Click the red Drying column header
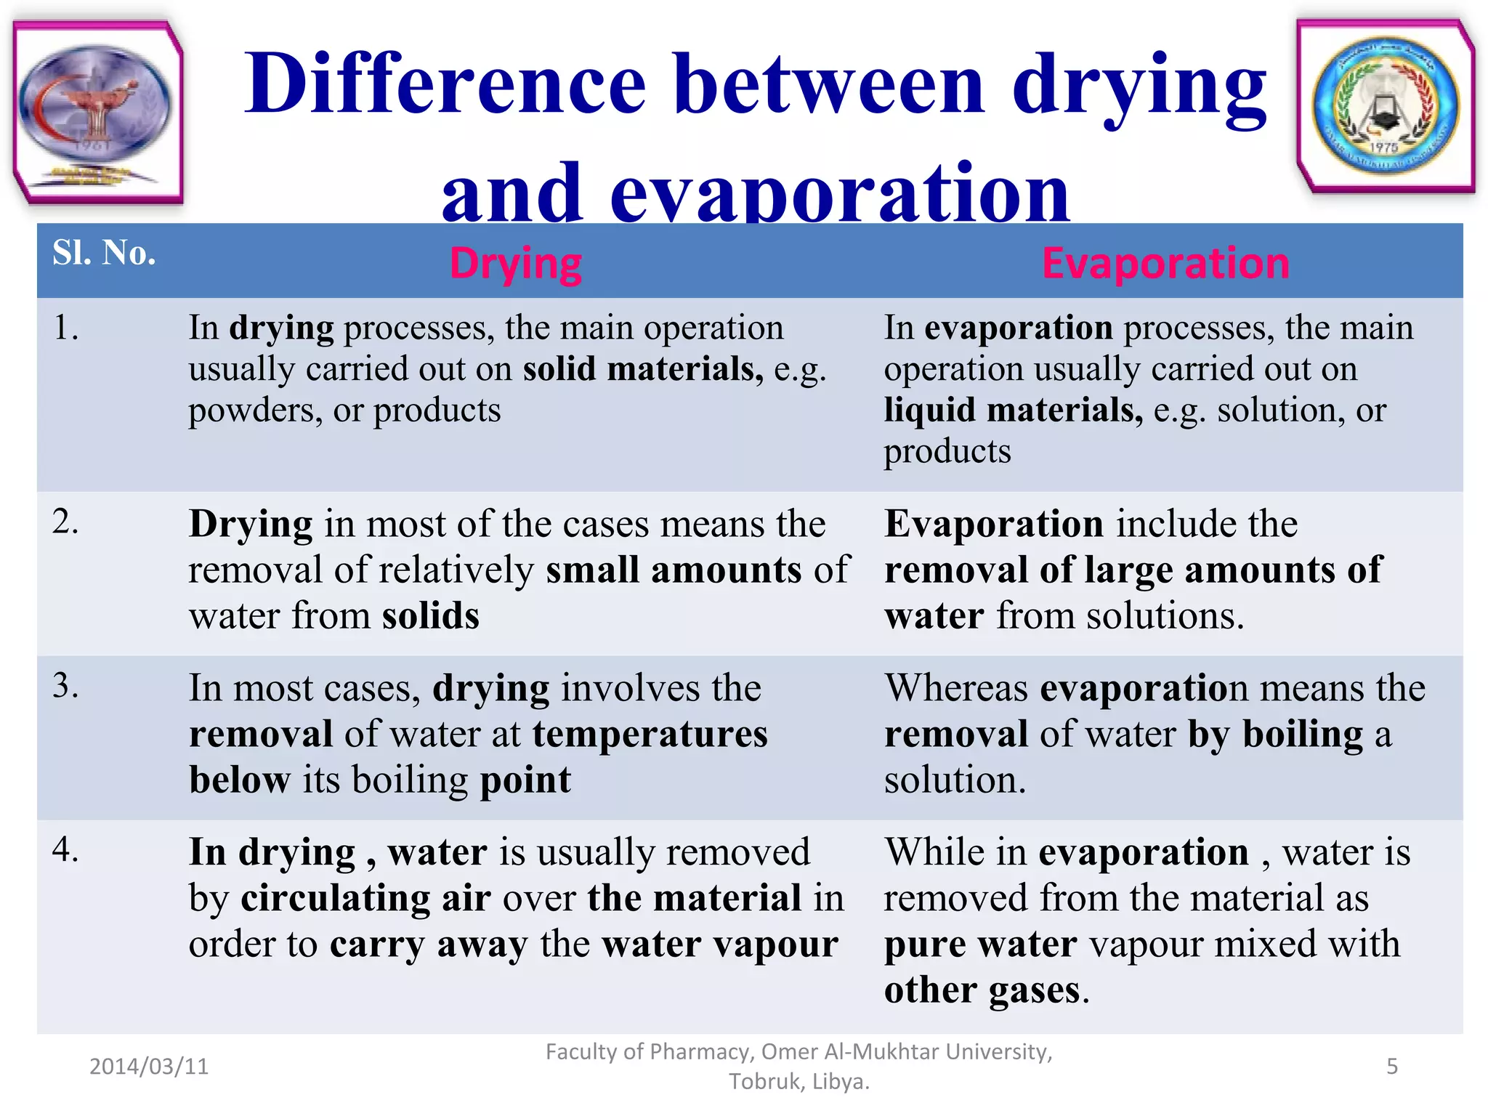coord(515,263)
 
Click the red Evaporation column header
coord(1165,263)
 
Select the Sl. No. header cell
coord(104,253)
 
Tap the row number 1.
coord(65,328)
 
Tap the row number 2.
coord(65,522)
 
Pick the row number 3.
coord(65,686)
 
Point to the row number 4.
coord(65,849)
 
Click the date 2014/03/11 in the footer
coord(149,1066)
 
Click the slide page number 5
coord(1392,1066)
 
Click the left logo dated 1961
coord(97,111)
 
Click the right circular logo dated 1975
coord(1386,107)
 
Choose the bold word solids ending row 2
coord(431,616)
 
